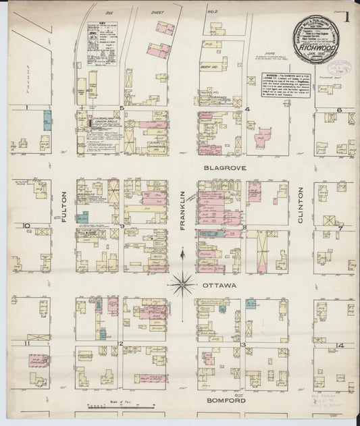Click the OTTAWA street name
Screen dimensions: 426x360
coord(219,286)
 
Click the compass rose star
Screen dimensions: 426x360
coord(182,284)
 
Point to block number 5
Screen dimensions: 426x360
coord(122,108)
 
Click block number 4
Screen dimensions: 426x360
coord(247,109)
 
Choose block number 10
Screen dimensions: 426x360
coord(26,225)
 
